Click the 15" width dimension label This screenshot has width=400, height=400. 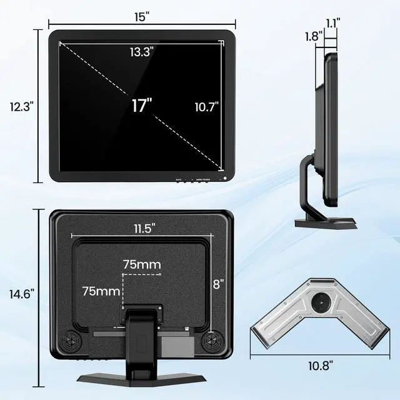[x=142, y=17]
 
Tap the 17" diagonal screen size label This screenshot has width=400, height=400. [x=142, y=105]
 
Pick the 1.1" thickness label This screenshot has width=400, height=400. [x=332, y=22]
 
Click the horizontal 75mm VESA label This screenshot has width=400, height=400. [x=142, y=264]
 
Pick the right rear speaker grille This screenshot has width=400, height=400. [x=214, y=342]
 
